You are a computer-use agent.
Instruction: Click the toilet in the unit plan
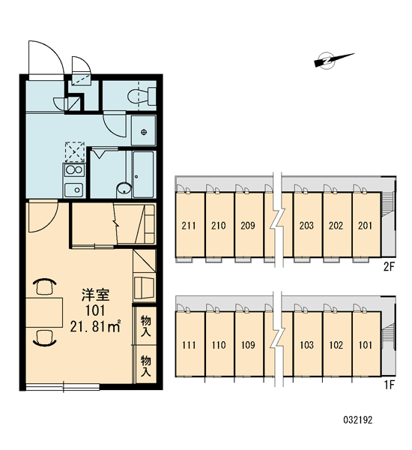[142, 96]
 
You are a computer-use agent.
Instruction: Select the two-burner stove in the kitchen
[74, 170]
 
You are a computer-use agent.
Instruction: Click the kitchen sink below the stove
[74, 190]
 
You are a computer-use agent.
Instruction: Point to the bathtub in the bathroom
[143, 174]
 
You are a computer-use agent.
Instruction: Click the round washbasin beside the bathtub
[124, 190]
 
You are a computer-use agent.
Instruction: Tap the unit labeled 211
[190, 225]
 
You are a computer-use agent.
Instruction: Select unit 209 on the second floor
[249, 225]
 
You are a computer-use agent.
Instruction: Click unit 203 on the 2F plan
[307, 225]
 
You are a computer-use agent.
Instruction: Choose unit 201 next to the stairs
[366, 225]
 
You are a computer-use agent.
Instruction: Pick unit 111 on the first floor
[190, 344]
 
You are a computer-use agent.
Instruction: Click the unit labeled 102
[336, 344]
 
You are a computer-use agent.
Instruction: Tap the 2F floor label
[389, 267]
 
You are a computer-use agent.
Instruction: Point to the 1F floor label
[390, 385]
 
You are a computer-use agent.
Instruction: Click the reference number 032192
[358, 420]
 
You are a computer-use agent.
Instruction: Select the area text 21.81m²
[95, 326]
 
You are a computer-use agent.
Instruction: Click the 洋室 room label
[95, 295]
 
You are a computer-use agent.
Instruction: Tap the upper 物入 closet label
[146, 325]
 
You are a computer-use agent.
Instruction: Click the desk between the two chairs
[44, 312]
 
